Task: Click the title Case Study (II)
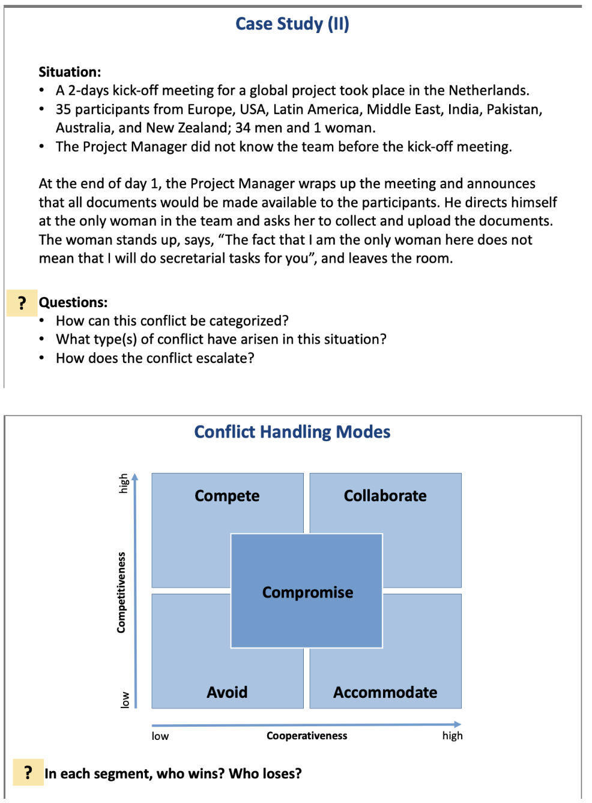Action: tap(292, 24)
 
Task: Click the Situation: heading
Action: tap(70, 72)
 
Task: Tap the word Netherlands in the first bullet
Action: tap(488, 91)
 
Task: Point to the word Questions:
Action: tap(73, 302)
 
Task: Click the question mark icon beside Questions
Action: tap(22, 303)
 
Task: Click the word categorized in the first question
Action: tap(243, 321)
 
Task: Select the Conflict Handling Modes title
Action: tap(292, 432)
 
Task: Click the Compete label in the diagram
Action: tap(227, 496)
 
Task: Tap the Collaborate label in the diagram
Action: tap(385, 496)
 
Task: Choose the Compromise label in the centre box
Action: tap(307, 593)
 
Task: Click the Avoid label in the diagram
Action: tap(227, 692)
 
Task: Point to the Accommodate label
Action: tap(385, 692)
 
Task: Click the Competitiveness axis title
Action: tap(122, 592)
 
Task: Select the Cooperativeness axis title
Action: tap(307, 736)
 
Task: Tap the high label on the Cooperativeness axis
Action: tap(452, 736)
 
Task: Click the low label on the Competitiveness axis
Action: tap(125, 700)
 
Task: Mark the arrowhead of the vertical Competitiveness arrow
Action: tap(135, 477)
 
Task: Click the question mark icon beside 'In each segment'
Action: tap(28, 773)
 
